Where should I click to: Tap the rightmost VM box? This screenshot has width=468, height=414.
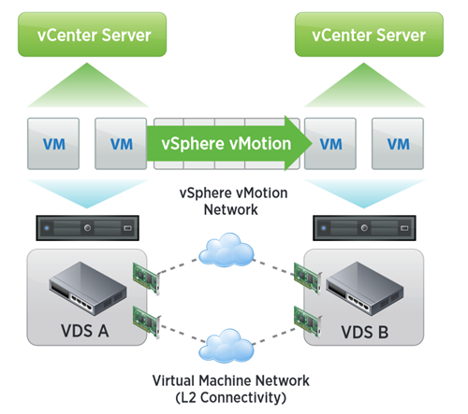(x=399, y=144)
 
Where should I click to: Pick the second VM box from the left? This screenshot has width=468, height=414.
(x=121, y=144)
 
